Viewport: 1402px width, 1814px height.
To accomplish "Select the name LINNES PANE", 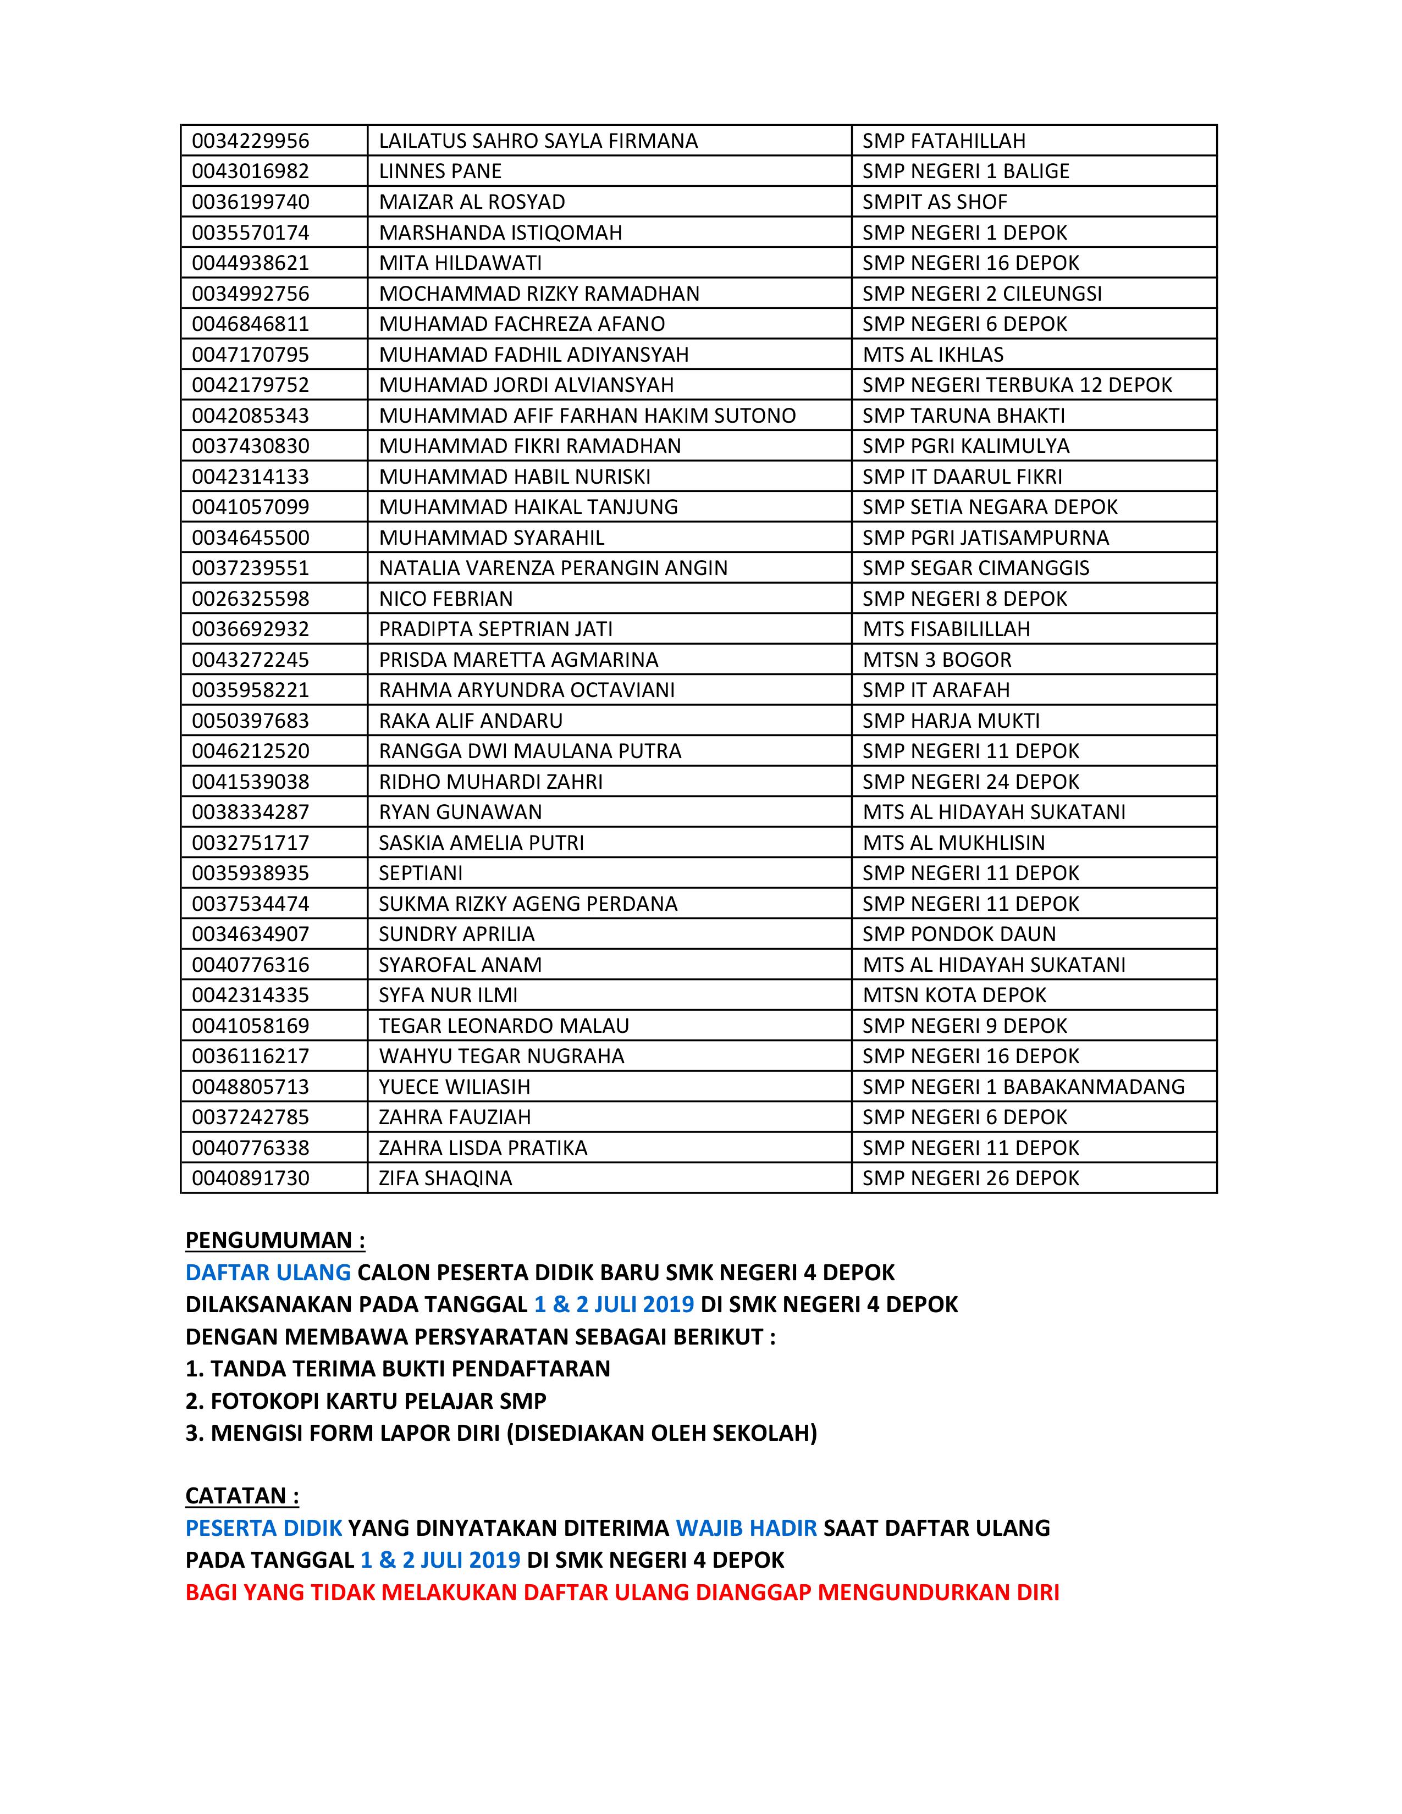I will click(x=440, y=171).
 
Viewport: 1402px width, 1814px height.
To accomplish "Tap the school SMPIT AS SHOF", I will click(x=934, y=202).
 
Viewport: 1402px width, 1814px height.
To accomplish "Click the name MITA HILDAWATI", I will click(x=460, y=263).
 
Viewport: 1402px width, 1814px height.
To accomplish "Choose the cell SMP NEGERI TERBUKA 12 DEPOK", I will click(x=1017, y=385).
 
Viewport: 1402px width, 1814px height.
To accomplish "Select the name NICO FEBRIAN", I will click(x=446, y=599).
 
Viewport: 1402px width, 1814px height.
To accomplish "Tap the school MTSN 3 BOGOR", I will click(x=937, y=660).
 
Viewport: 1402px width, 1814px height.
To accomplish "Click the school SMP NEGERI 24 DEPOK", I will click(x=970, y=782).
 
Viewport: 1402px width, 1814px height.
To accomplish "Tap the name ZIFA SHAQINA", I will click(x=445, y=1179).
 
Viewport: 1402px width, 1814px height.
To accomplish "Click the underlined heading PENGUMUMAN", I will click(x=275, y=1241).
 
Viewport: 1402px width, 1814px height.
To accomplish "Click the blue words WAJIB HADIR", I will click(x=746, y=1528).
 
